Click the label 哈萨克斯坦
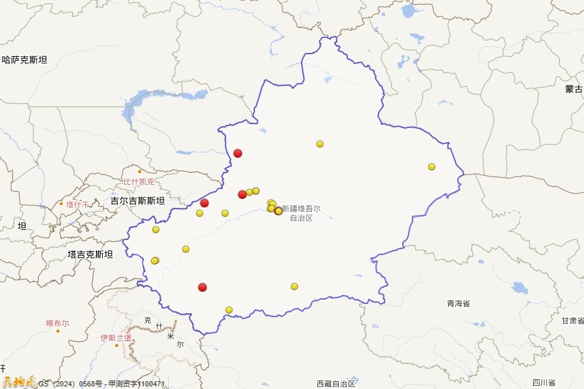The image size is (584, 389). [x=25, y=60]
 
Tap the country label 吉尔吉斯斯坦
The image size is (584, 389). [x=137, y=201]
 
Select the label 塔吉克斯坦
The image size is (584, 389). [x=90, y=254]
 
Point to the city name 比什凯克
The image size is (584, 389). [x=139, y=182]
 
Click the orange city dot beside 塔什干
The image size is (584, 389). [x=61, y=203]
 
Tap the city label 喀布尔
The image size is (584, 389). [x=58, y=323]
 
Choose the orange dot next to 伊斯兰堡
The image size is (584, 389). [x=117, y=345]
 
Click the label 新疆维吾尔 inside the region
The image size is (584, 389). [x=301, y=209]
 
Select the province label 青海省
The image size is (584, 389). [x=458, y=303]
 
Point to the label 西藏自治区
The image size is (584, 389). [x=335, y=384]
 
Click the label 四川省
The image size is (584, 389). [x=543, y=382]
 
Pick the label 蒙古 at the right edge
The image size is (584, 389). [x=574, y=89]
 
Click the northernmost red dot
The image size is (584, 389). [x=238, y=153]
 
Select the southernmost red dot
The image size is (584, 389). [x=203, y=287]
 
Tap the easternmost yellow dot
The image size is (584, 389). [x=432, y=167]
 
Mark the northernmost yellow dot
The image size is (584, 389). [x=320, y=144]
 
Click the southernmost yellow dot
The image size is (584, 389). [x=229, y=310]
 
